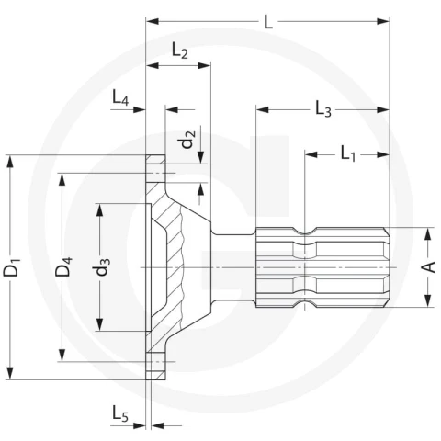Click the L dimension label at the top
[268, 22]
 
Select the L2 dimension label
[180, 50]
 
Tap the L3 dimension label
[323, 109]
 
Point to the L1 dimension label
[348, 153]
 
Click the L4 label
[120, 98]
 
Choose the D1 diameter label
[12, 267]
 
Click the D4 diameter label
[63, 266]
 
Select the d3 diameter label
[101, 266]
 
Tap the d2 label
[187, 140]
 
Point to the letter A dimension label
[430, 267]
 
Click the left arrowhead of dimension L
[153, 21]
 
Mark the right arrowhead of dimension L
[383, 21]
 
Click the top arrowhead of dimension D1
[10, 161]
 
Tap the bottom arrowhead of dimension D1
[10, 373]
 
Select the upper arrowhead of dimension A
[428, 233]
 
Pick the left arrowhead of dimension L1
[311, 154]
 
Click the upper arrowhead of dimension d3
[100, 209]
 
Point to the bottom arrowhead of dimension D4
[62, 356]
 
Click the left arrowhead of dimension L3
[263, 109]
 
